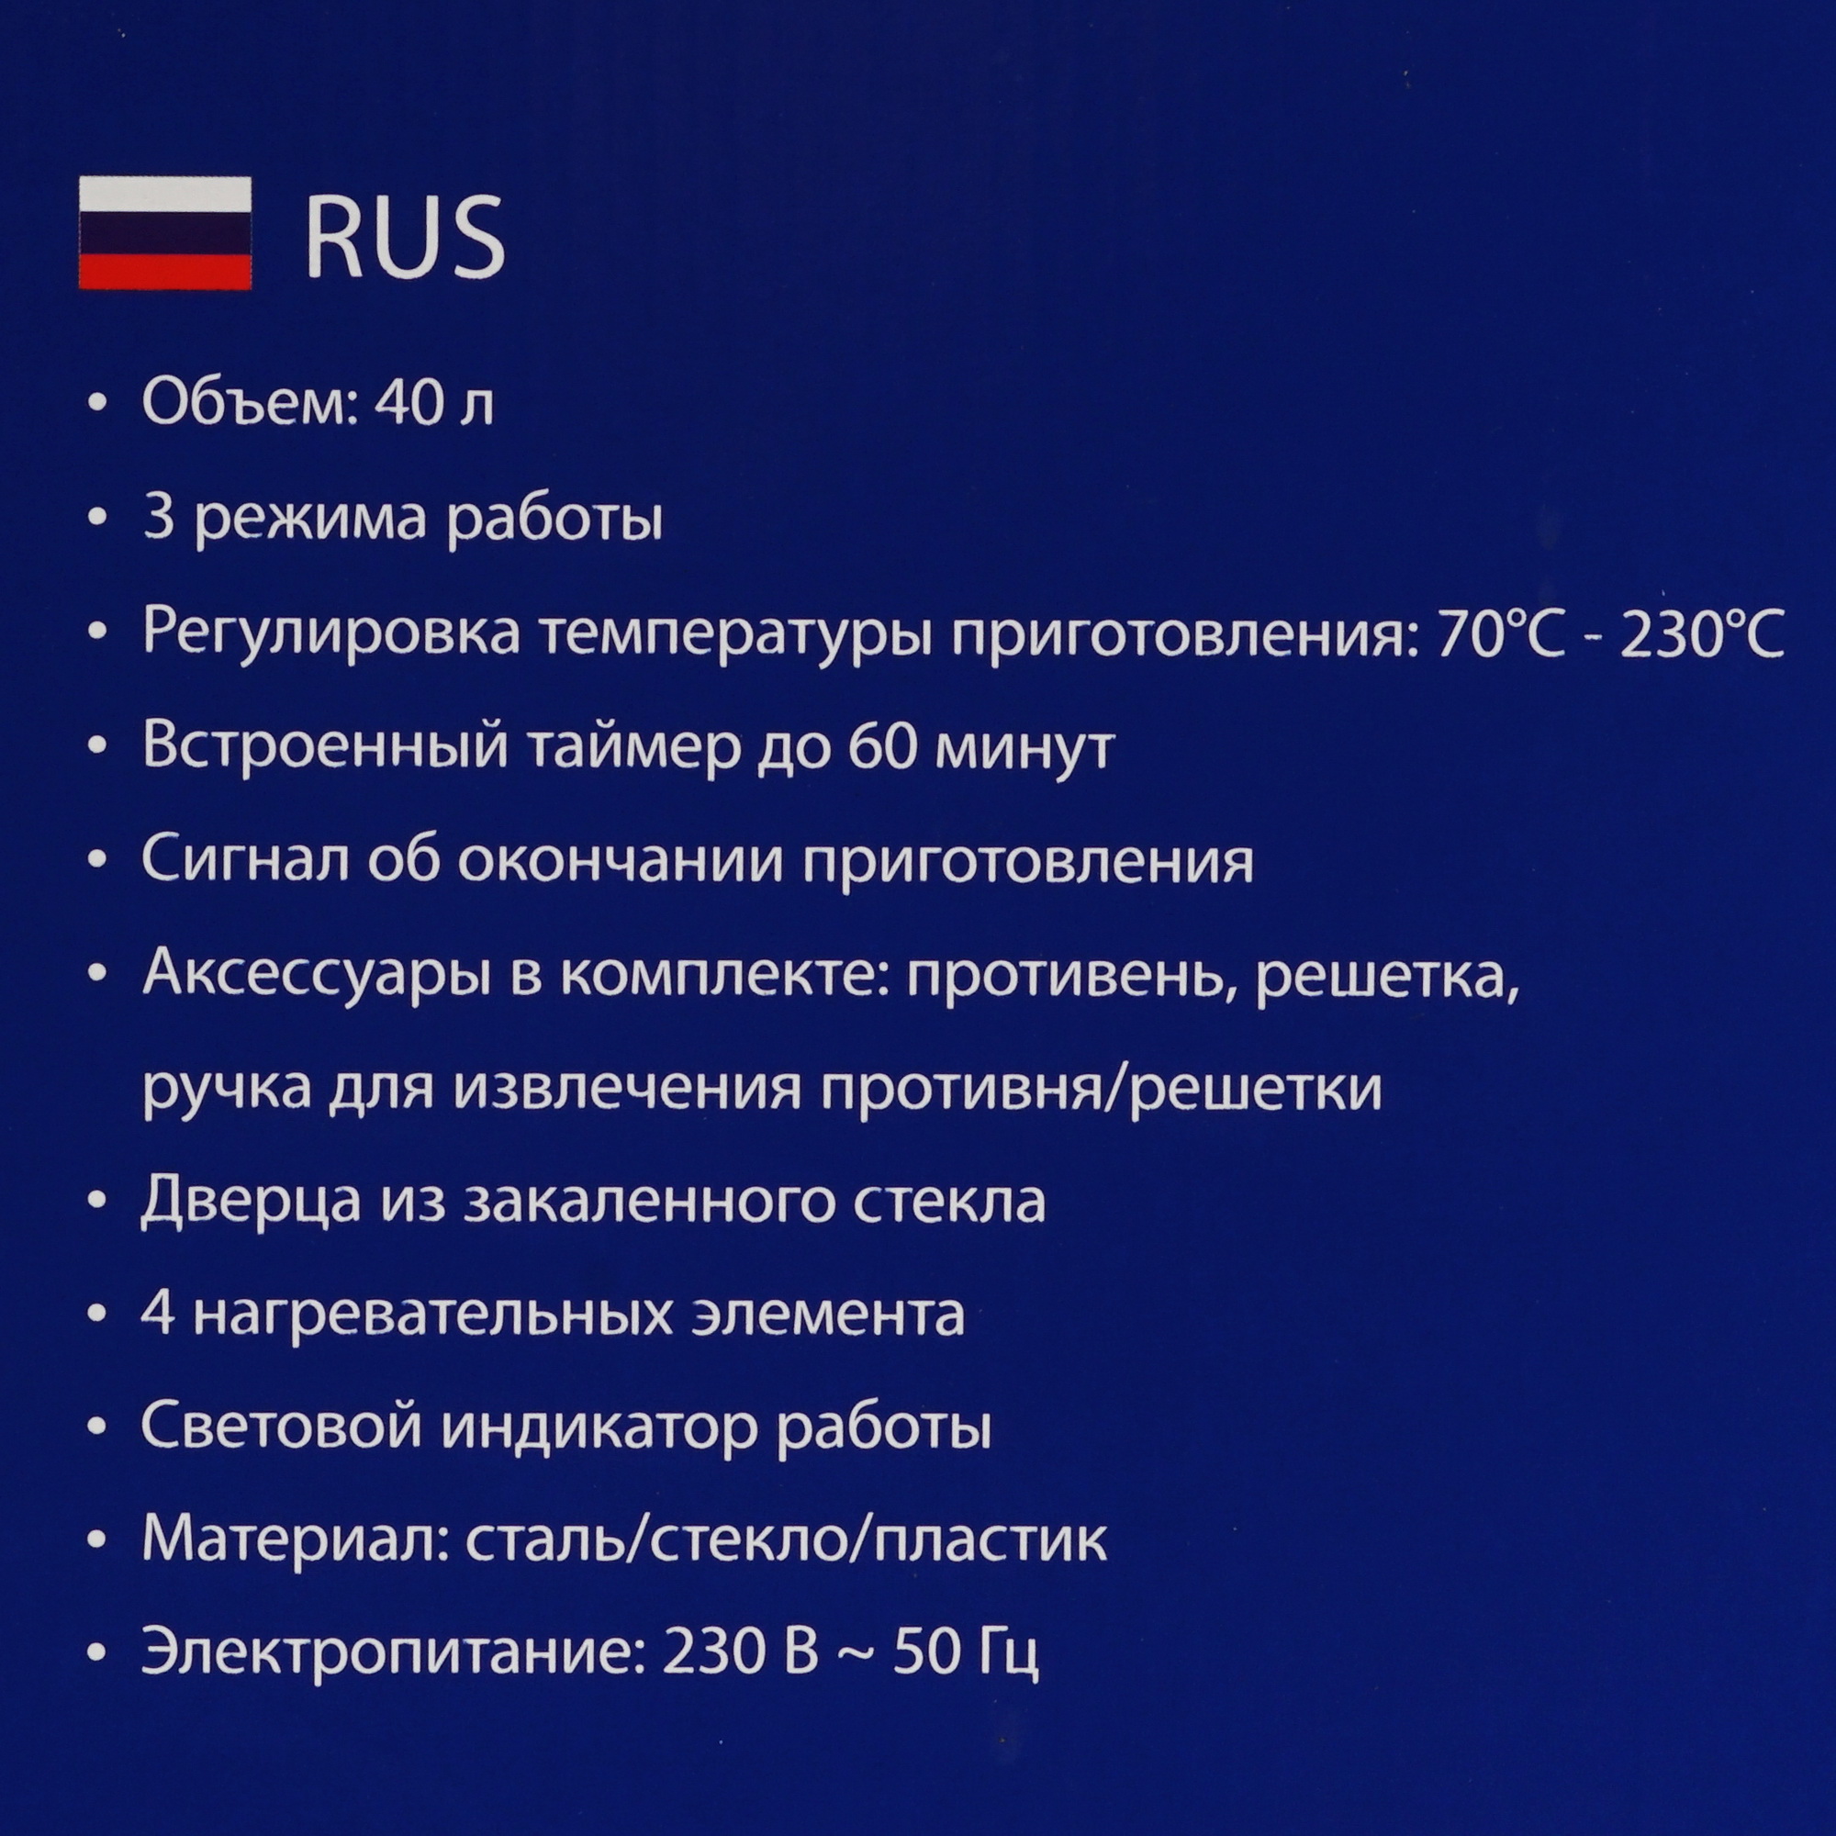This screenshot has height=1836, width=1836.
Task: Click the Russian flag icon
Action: pyautogui.click(x=164, y=233)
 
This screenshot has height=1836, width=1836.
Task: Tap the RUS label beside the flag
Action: pyautogui.click(x=405, y=237)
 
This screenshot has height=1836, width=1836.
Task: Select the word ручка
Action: pyautogui.click(x=226, y=1090)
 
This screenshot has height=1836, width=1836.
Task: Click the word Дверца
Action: pyautogui.click(x=251, y=1201)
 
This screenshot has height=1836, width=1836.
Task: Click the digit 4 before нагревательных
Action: pyautogui.click(x=158, y=1315)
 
